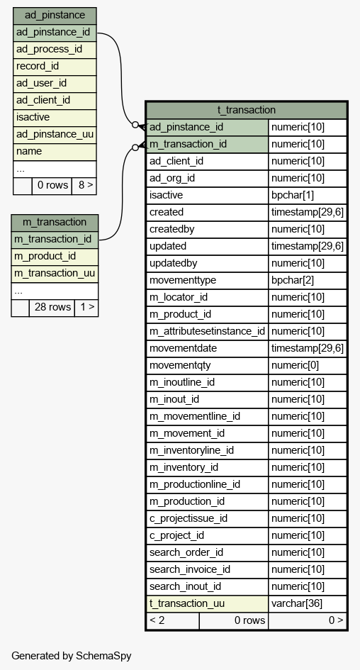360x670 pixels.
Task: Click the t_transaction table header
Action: coord(247,110)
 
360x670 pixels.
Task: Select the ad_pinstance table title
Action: coord(55,16)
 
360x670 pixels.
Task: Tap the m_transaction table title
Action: coord(55,222)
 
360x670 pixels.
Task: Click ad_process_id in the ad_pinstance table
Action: coord(49,49)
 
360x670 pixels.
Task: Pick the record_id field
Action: coord(38,66)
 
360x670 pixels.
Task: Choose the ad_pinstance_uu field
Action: coord(55,134)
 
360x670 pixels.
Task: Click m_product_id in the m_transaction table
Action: coord(45,256)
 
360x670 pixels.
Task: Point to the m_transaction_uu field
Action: coord(55,273)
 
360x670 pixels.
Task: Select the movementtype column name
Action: coord(183,280)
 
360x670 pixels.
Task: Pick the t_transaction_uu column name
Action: coord(187,603)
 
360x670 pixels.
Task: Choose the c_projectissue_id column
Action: coord(189,518)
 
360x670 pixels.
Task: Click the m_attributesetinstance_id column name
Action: coord(207,331)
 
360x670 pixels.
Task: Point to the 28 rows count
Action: coord(52,307)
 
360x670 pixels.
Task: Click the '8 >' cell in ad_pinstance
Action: coord(84,186)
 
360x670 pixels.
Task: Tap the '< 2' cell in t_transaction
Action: coord(157,620)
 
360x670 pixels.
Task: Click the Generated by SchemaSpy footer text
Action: coord(72,656)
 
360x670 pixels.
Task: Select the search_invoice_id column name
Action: coord(190,569)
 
